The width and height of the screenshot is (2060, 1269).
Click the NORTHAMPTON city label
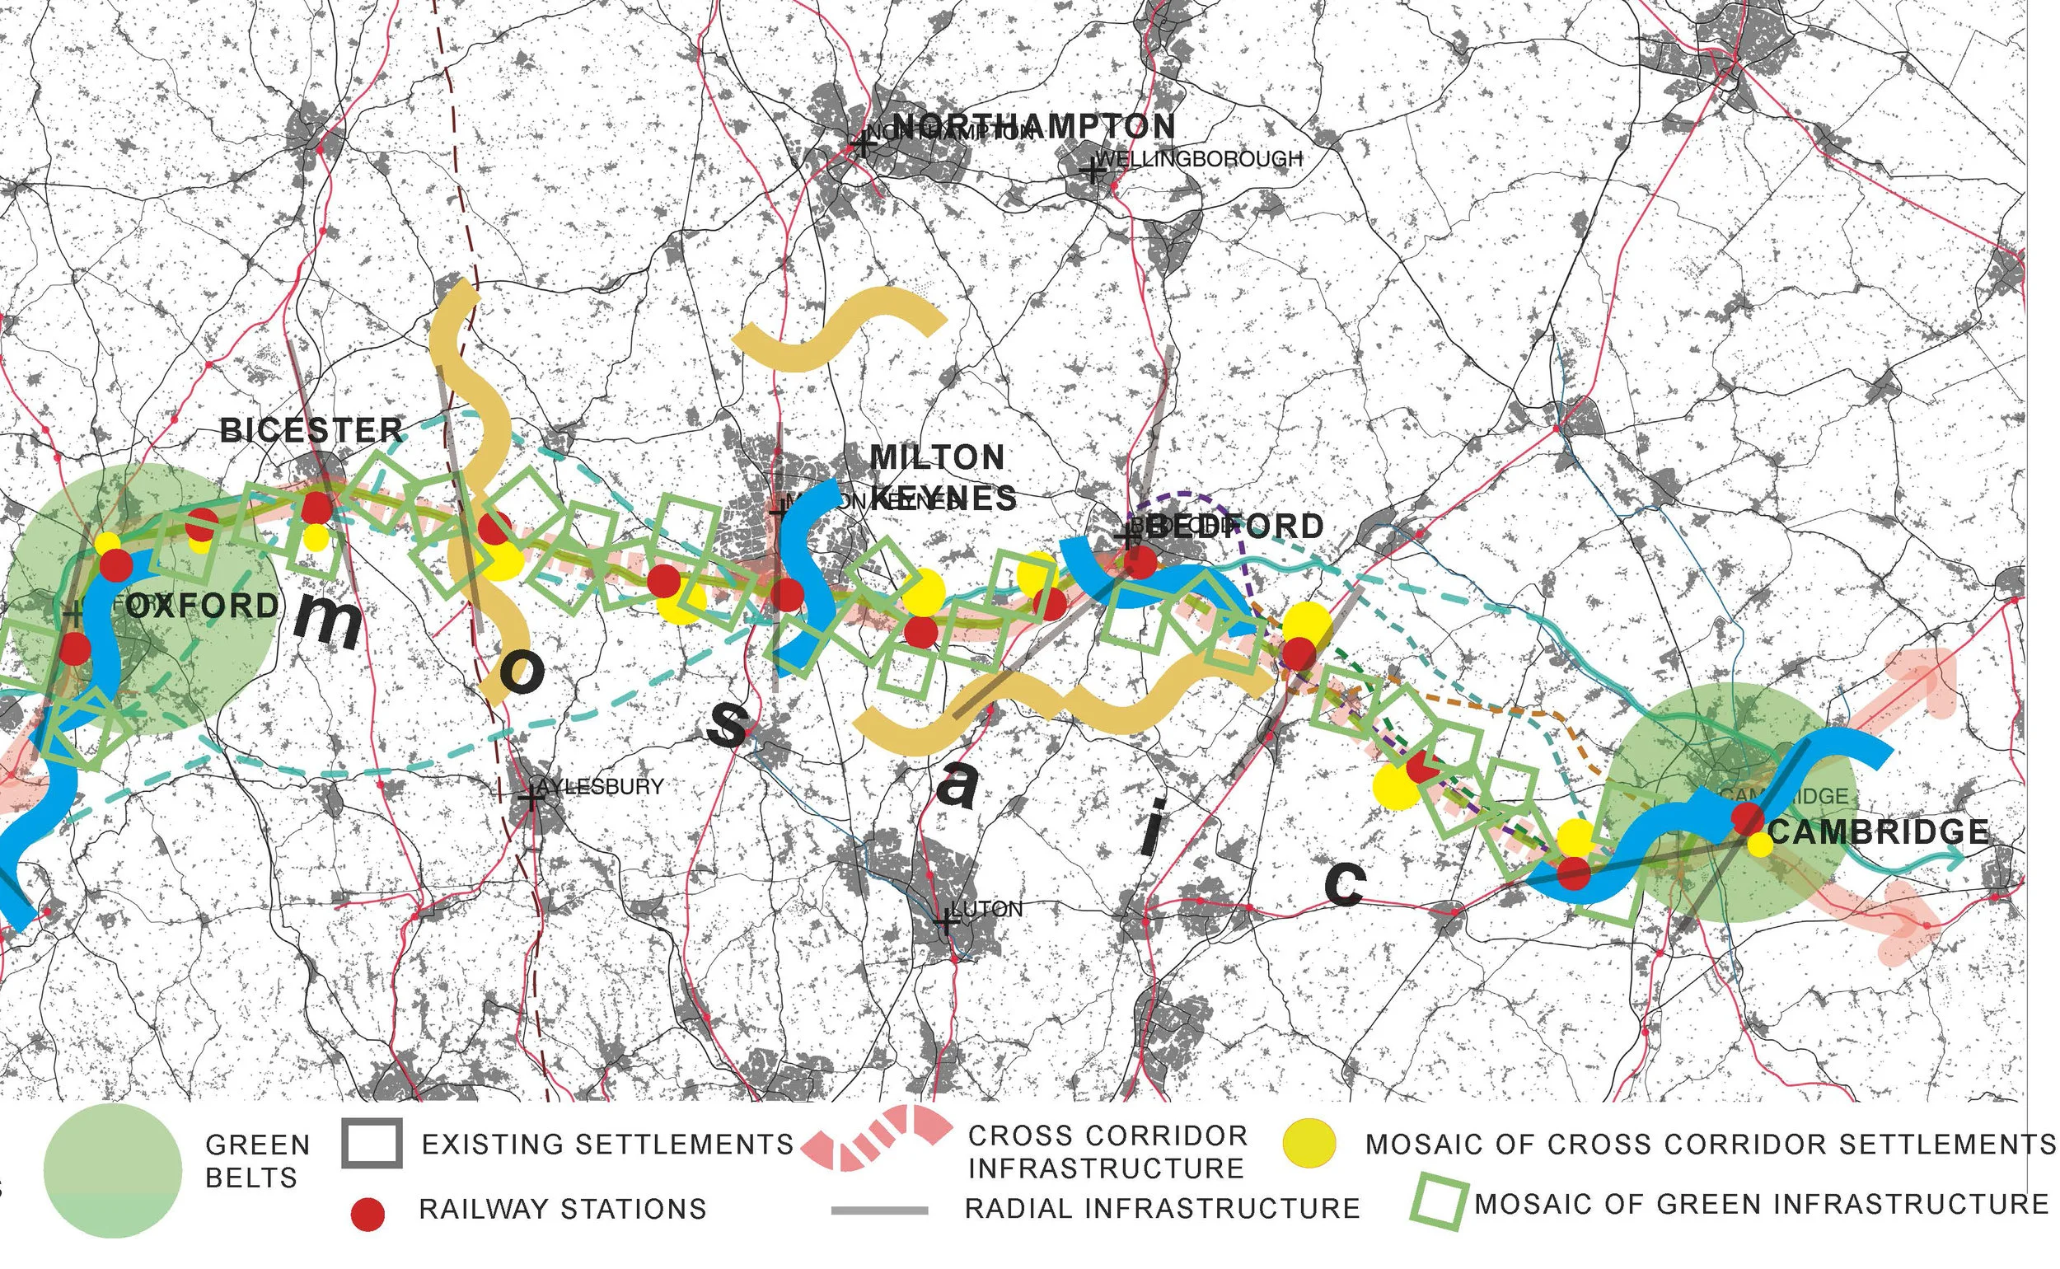1032,126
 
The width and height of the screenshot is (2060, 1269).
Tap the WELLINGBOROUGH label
1199,158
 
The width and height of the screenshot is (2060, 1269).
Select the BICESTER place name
311,430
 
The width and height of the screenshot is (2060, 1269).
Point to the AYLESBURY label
600,786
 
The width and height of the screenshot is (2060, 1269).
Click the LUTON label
987,909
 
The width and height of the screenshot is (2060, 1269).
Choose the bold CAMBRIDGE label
1878,831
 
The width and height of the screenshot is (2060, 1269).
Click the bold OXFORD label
202,606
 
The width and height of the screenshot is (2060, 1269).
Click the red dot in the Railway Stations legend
367,1215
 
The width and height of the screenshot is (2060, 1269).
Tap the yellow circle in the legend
1310,1143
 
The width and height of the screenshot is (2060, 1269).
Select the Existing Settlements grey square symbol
372,1143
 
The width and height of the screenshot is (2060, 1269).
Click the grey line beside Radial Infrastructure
879,1210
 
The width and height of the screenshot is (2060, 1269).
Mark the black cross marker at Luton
946,921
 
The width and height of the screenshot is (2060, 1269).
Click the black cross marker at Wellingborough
1092,172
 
